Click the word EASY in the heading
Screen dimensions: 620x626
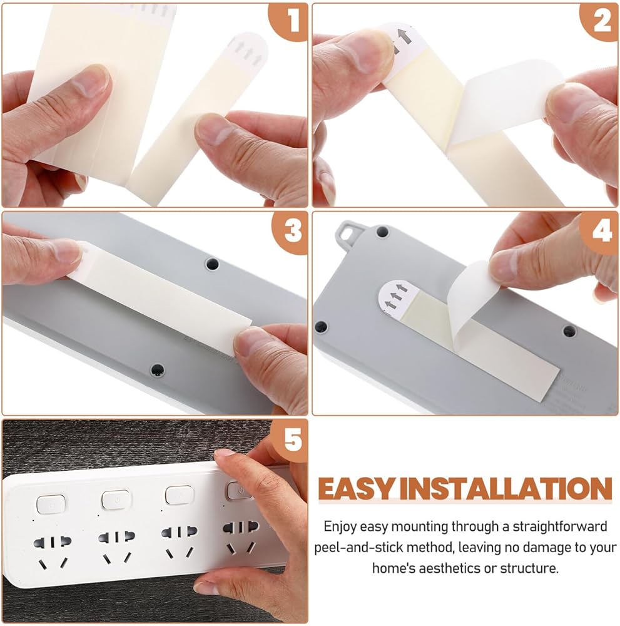click(356, 489)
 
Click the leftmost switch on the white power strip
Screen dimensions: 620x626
click(51, 504)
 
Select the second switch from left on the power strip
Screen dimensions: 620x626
click(116, 500)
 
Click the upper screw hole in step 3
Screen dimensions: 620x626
click(212, 264)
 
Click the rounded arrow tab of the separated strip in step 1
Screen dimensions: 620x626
click(249, 49)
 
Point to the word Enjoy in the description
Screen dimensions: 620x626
click(340, 527)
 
